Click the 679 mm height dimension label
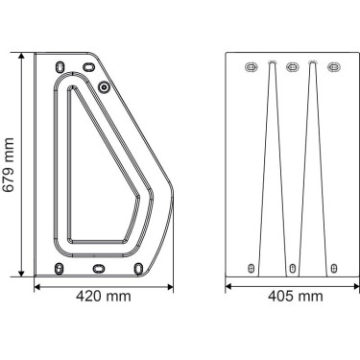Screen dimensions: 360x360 point(9,164)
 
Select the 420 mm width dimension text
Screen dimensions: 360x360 point(104,297)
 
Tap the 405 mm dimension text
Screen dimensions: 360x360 point(295,297)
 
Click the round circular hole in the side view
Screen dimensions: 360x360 point(104,86)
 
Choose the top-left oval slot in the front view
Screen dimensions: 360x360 point(252,67)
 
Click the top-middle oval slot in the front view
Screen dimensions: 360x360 point(293,67)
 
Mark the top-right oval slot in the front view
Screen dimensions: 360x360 point(333,67)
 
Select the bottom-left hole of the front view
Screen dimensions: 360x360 point(252,268)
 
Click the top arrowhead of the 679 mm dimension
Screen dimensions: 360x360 point(22,57)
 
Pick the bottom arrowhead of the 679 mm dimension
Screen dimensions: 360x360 point(22,273)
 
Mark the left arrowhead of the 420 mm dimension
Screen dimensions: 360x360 point(38,284)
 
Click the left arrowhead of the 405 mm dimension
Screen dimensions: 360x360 point(229,284)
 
